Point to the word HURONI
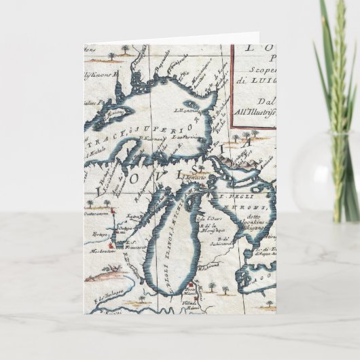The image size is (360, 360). coord(249,201)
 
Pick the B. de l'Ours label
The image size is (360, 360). coord(207,219)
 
